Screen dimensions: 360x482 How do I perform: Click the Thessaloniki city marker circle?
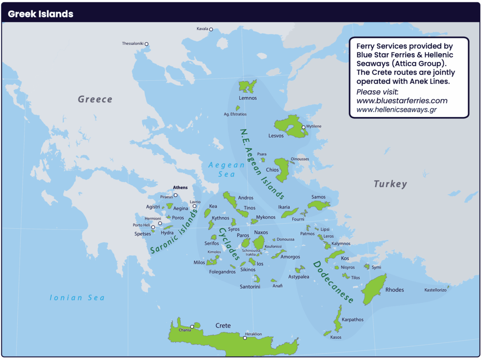(146, 44)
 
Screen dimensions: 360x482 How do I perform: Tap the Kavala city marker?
(211, 29)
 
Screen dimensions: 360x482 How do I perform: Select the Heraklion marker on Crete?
(245, 338)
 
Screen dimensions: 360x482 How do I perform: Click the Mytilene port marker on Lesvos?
(304, 127)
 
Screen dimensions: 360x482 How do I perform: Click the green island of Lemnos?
(247, 86)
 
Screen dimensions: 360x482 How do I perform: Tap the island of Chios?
(283, 170)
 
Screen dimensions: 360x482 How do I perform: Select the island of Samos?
(318, 205)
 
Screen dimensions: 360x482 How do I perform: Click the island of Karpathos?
(338, 318)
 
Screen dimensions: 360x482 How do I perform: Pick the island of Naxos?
(260, 242)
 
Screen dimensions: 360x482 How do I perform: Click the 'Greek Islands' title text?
(41, 14)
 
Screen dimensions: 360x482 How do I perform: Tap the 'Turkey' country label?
(390, 184)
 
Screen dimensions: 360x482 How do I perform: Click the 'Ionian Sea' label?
(77, 298)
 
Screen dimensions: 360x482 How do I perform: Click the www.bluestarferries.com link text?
(402, 101)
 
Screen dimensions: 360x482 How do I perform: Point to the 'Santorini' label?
(250, 286)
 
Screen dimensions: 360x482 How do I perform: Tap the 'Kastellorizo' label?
(435, 290)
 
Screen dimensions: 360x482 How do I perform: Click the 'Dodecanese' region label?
(333, 282)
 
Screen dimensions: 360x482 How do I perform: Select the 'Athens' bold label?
(180, 187)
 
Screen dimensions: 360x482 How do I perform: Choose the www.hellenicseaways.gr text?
(396, 109)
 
